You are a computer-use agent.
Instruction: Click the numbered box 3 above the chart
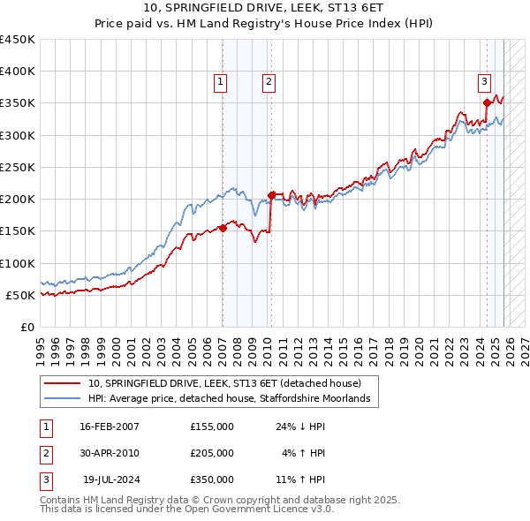[x=485, y=82]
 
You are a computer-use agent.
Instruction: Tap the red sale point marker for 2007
[x=223, y=228]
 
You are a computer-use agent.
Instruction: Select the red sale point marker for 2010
[x=271, y=195]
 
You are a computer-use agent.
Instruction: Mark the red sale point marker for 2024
[x=487, y=103]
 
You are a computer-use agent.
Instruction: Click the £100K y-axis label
[x=18, y=263]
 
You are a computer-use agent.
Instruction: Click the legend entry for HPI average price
[x=233, y=399]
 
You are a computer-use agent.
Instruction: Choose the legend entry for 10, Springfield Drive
[x=224, y=383]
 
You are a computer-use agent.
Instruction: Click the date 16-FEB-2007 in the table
[x=110, y=427]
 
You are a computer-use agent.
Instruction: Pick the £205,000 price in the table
[x=212, y=453]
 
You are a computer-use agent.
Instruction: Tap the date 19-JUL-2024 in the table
[x=111, y=479]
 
